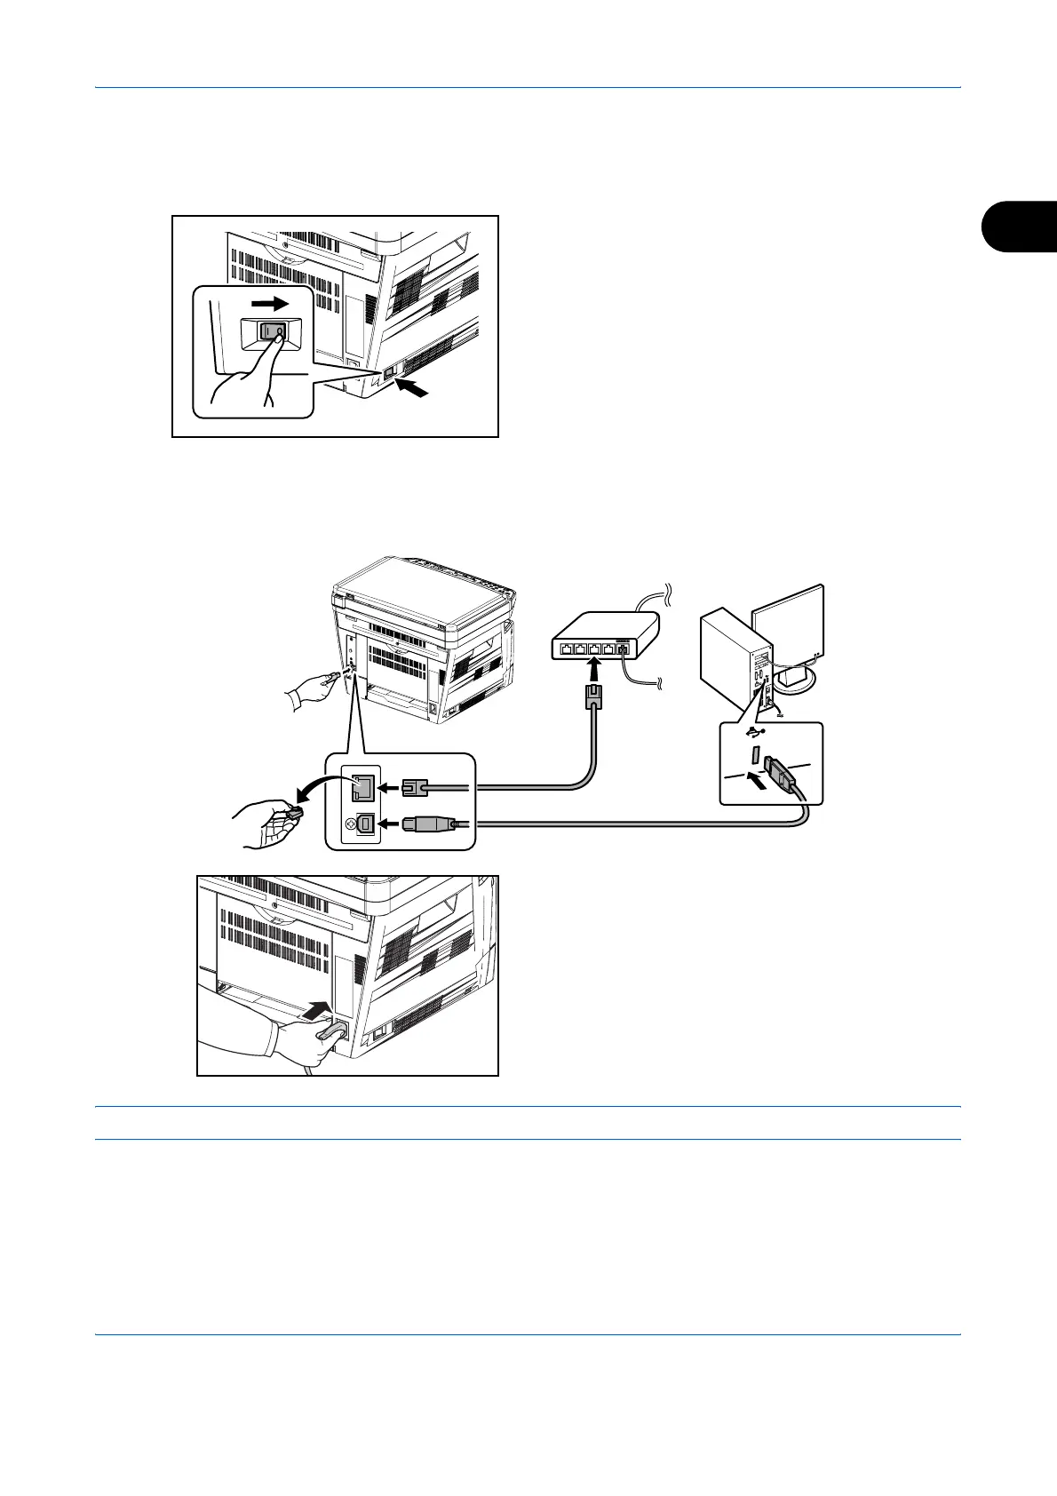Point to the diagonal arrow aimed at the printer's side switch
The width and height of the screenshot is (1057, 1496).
click(x=416, y=388)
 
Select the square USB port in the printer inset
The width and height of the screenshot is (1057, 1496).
click(x=363, y=824)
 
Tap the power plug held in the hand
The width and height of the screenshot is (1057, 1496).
click(x=330, y=1034)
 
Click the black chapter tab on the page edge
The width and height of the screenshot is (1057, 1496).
click(x=1021, y=227)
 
